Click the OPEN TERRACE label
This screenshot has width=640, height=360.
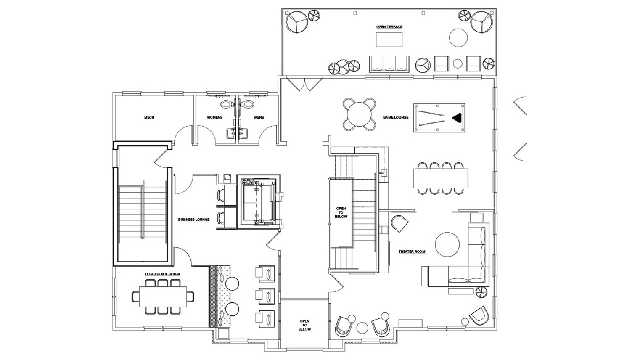(389, 27)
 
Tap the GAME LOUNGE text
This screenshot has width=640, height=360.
(395, 117)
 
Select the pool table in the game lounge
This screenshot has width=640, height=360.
(439, 118)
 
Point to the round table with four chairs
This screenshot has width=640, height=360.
(359, 114)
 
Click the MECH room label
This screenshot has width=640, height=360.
(149, 117)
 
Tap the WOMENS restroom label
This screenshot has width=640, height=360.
(214, 117)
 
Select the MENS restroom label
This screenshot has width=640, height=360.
(259, 117)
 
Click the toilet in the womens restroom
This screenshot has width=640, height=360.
(227, 105)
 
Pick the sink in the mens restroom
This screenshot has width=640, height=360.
(245, 133)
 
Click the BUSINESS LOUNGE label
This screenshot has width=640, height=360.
(194, 220)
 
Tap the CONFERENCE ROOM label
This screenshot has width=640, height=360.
(162, 274)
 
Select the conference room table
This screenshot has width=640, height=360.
(163, 296)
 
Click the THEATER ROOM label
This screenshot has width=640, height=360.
(412, 252)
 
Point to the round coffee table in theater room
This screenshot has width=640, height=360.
(447, 245)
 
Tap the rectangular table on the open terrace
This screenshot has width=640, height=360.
(389, 40)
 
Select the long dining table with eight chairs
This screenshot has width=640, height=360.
(441, 178)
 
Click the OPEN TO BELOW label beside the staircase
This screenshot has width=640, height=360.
(341, 212)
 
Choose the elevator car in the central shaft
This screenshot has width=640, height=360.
(258, 204)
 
